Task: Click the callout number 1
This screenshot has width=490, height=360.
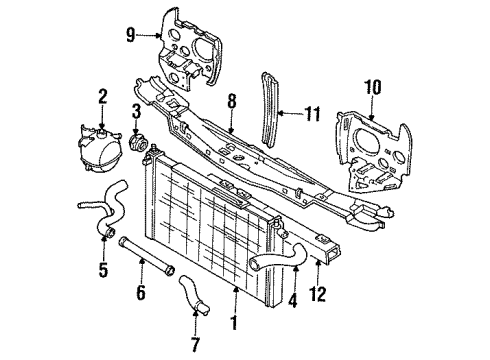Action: click(x=235, y=323)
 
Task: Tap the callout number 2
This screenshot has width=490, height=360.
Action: click(x=102, y=98)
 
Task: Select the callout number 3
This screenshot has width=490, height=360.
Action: click(x=136, y=110)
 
